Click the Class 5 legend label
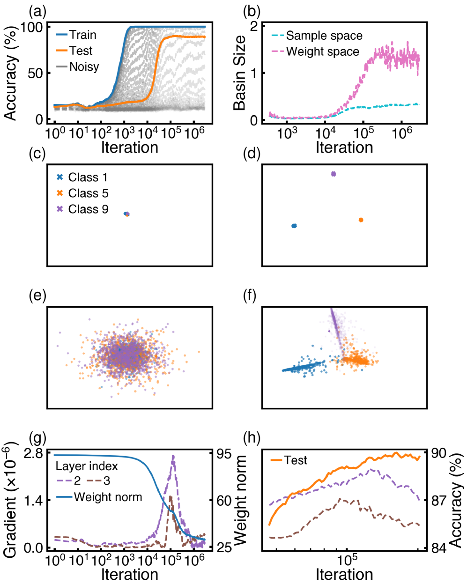pyautogui.click(x=88, y=193)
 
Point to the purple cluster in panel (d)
pyautogui.click(x=334, y=174)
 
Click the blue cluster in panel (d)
pyautogui.click(x=294, y=226)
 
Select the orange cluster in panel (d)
pyautogui.click(x=361, y=220)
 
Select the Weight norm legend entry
pyautogui.click(x=108, y=496)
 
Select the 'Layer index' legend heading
pyautogui.click(x=87, y=466)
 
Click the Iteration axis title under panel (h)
pyautogui.click(x=344, y=574)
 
